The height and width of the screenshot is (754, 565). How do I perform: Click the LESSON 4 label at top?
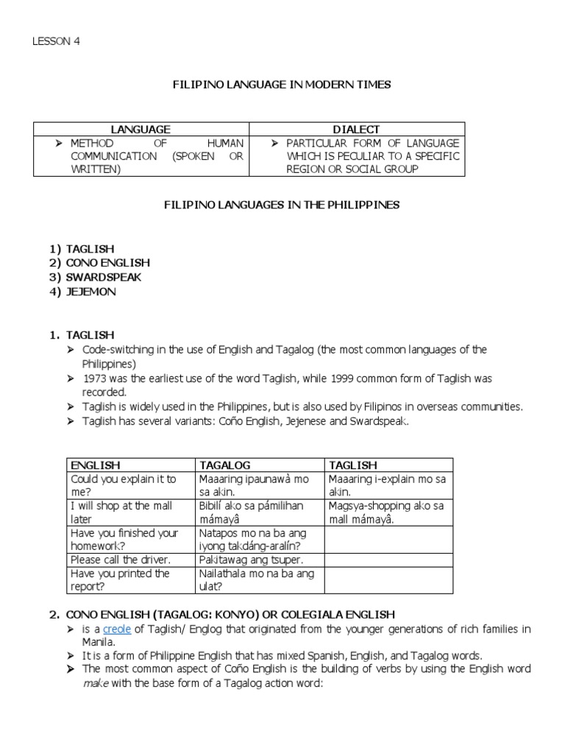[55, 41]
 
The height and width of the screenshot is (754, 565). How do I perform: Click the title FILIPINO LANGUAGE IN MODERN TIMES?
[281, 85]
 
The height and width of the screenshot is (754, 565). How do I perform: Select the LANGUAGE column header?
[141, 130]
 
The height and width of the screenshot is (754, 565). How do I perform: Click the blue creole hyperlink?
[116, 628]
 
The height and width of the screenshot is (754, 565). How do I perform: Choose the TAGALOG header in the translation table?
[225, 465]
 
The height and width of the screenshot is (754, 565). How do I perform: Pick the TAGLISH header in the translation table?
[353, 465]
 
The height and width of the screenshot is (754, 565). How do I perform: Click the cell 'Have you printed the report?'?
[120, 580]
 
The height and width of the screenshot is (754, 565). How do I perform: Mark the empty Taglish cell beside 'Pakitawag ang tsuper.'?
[388, 560]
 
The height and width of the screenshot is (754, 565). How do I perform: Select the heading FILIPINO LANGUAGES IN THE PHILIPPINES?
[281, 205]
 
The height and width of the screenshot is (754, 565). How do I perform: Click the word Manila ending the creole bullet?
[99, 641]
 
